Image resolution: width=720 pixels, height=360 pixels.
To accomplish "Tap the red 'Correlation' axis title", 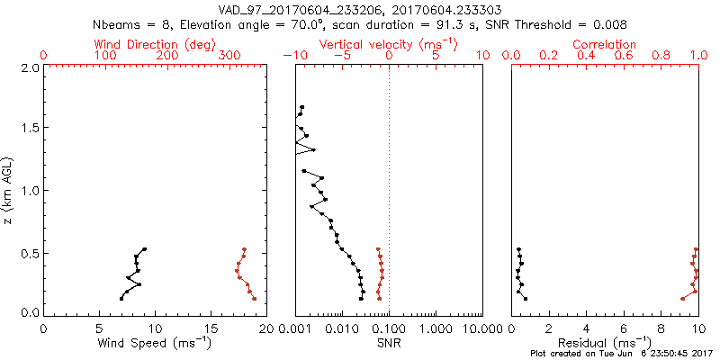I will [x=605, y=43].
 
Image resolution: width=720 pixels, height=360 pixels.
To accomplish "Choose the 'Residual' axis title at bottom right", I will [x=605, y=343].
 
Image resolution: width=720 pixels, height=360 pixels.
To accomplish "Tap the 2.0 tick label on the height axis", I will [x=30, y=67].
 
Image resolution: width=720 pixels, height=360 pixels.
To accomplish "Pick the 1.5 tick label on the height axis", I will [x=30, y=129].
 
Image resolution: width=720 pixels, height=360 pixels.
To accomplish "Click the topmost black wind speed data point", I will [x=144, y=249].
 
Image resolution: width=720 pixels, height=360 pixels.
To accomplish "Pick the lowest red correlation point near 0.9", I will [x=682, y=298].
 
